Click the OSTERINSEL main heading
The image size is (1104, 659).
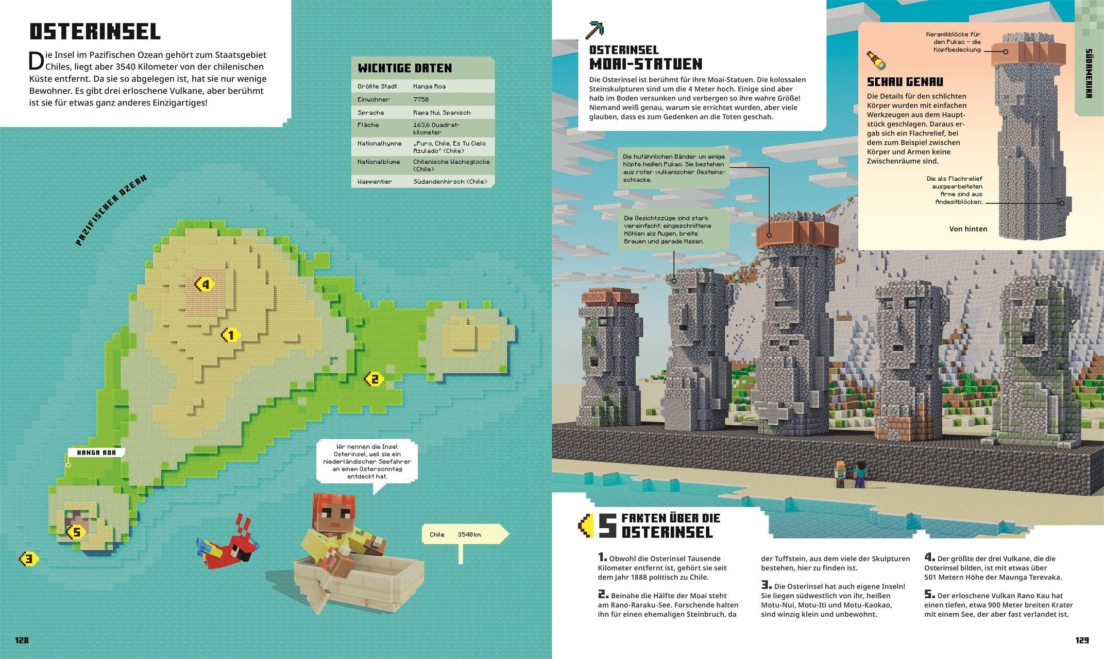pos(95,32)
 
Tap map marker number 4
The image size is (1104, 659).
pos(205,284)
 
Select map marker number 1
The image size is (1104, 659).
pos(231,336)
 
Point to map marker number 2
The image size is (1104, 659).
pos(374,379)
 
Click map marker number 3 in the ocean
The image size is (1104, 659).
pos(29,559)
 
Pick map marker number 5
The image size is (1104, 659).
pos(76,532)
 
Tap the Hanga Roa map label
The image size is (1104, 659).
pos(96,453)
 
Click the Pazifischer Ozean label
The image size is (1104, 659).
pos(111,210)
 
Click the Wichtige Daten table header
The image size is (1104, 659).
pos(405,68)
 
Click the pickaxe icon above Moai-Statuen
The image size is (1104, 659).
pos(594,30)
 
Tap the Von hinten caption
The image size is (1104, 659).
pos(968,229)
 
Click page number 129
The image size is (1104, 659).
pos(1082,640)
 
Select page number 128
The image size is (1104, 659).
pos(22,640)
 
